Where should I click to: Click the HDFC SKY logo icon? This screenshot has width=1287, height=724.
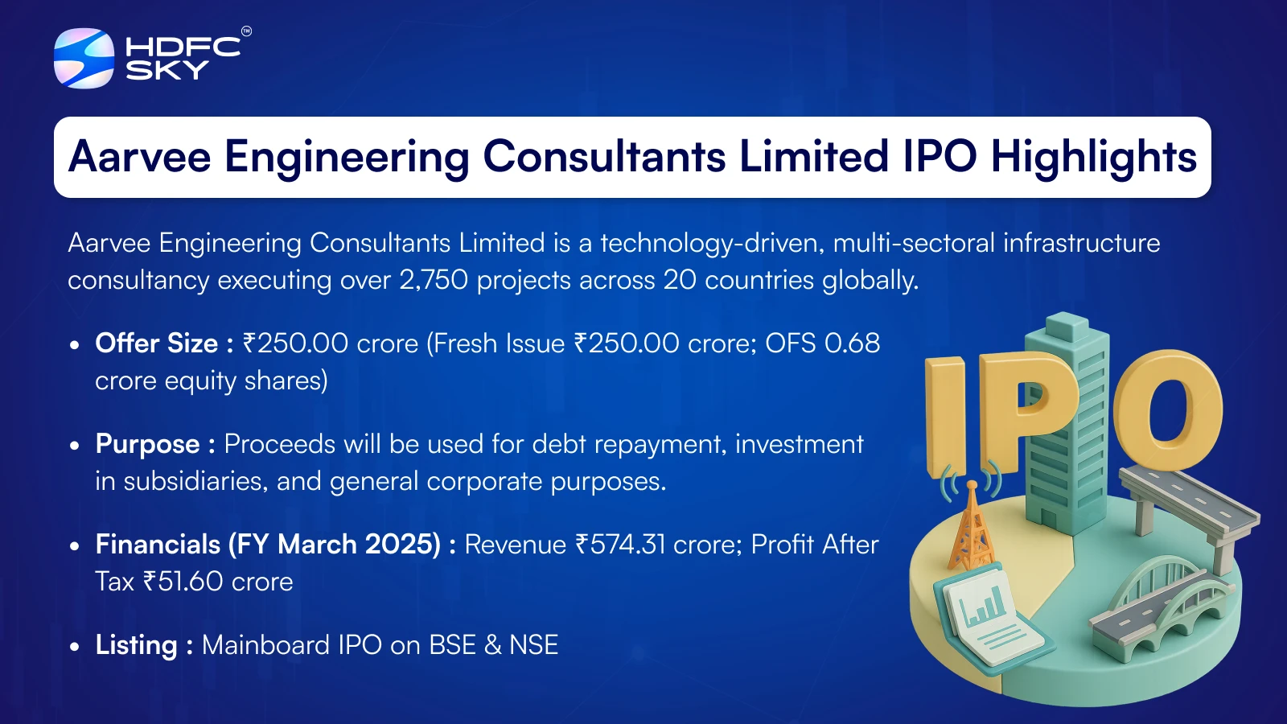click(x=84, y=58)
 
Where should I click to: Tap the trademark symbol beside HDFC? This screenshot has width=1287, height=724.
click(x=246, y=31)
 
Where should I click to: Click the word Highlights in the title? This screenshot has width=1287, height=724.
click(x=1094, y=158)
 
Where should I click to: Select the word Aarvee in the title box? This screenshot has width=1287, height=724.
click(x=140, y=156)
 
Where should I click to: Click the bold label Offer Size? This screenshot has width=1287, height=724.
click(x=156, y=343)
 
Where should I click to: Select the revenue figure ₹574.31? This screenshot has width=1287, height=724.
click(x=620, y=545)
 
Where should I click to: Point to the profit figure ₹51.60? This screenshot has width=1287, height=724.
click(x=183, y=582)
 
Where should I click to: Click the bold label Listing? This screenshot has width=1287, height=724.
click(x=137, y=645)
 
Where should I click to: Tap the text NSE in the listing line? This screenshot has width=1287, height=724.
click(x=534, y=644)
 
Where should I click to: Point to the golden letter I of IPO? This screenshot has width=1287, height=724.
click(x=946, y=416)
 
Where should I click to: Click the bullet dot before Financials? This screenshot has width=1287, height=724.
click(x=74, y=546)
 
